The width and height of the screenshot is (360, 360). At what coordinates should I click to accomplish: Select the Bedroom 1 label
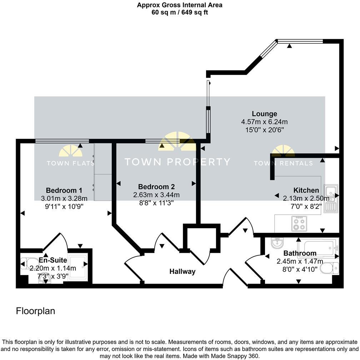point(64,190)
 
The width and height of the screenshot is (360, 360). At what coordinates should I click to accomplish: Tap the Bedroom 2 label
point(156,186)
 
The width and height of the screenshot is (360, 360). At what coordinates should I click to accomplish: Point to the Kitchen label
point(306,190)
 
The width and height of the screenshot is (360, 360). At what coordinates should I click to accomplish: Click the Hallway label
point(182,271)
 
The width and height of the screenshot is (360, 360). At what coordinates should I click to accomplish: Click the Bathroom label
point(300,253)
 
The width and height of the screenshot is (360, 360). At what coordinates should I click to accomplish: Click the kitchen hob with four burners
point(299,224)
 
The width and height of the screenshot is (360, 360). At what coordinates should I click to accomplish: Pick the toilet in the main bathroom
point(329,268)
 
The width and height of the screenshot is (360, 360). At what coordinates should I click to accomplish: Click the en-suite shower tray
point(77,267)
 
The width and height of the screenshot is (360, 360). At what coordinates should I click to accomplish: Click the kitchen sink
point(330,199)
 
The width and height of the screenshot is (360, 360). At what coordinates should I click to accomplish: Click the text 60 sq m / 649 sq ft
point(180,12)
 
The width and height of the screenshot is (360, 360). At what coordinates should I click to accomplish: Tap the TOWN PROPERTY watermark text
point(177,162)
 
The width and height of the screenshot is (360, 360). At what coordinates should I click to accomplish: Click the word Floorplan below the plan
point(36,311)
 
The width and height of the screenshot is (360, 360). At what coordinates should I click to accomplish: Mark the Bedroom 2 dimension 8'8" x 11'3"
point(156,202)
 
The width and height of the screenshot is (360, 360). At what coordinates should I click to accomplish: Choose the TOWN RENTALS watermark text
point(283,163)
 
